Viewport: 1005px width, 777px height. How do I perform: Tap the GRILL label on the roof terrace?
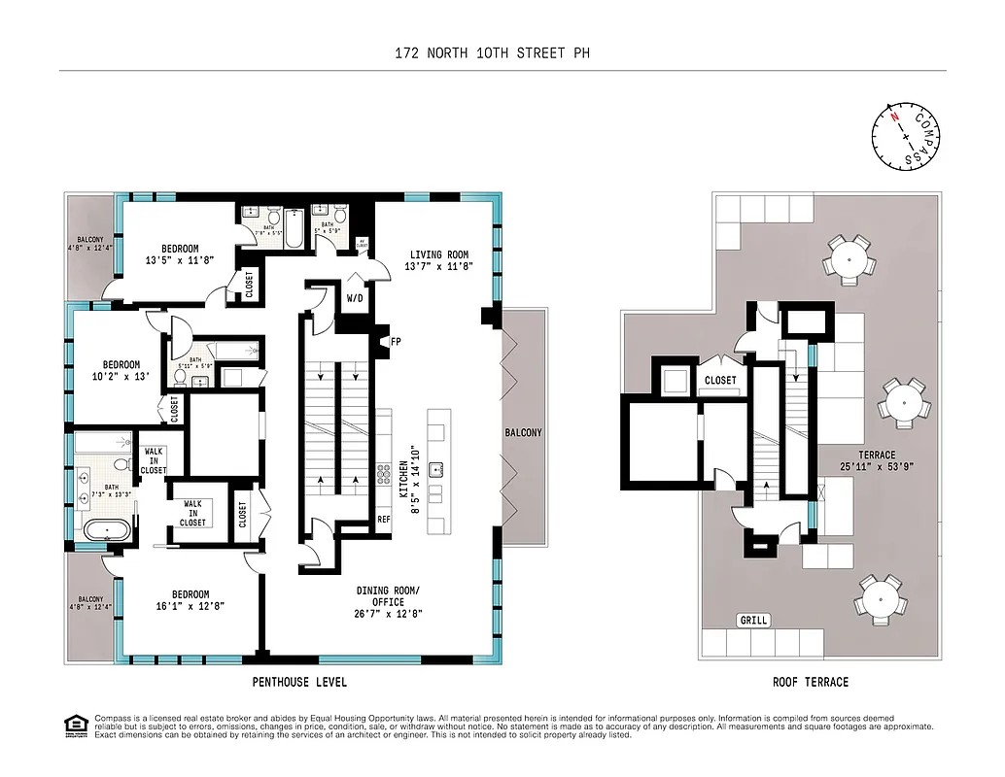point(753,621)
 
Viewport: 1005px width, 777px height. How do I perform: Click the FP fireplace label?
point(396,342)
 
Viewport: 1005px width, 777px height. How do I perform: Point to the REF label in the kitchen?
point(384,520)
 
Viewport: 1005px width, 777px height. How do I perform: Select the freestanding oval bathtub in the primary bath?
point(101,530)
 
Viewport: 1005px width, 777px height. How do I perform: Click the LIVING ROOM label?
point(439,261)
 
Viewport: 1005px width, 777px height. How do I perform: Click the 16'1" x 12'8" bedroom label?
point(191,601)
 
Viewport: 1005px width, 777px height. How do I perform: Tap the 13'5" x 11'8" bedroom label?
point(180,254)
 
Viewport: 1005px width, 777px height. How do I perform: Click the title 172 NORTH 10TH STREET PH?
point(502,52)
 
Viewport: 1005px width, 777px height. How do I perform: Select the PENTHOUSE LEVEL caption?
point(298,682)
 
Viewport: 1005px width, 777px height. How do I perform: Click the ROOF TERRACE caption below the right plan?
point(810,682)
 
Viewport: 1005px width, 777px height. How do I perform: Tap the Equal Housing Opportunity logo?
point(74,725)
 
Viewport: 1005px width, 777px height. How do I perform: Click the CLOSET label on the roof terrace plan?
point(720,381)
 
